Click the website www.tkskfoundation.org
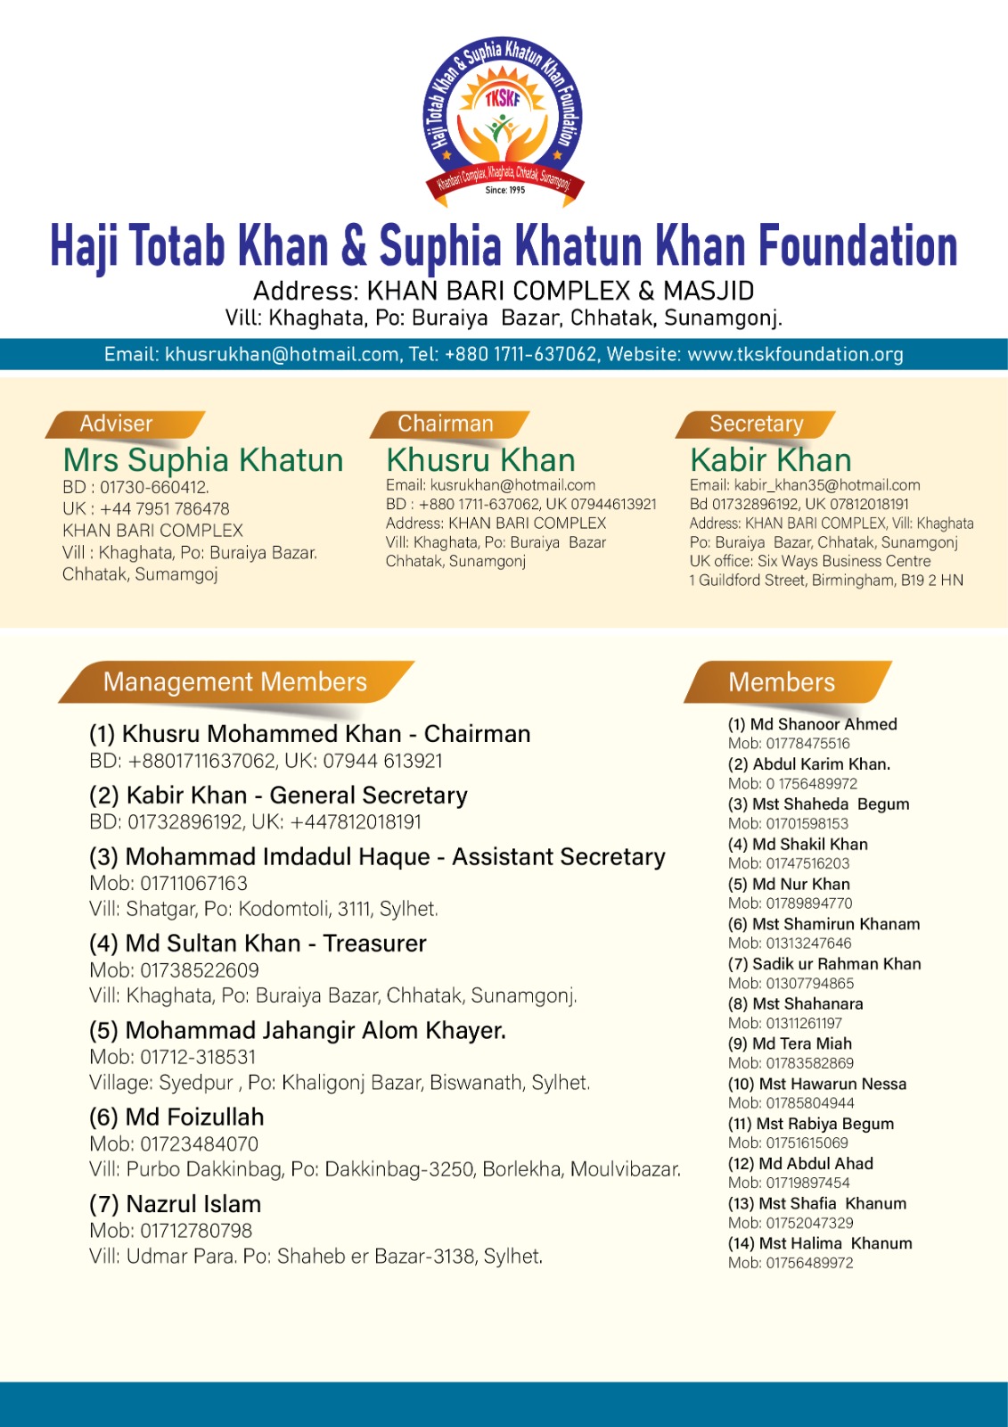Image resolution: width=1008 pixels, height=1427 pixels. (795, 354)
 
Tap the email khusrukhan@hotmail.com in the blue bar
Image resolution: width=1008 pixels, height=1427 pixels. (282, 354)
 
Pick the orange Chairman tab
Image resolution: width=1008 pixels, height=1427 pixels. (445, 424)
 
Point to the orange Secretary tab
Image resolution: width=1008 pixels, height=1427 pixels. (756, 424)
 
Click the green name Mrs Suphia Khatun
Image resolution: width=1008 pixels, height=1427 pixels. (203, 460)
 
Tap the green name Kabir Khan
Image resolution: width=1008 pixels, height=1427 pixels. (771, 460)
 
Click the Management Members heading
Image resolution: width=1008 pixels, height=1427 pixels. (234, 682)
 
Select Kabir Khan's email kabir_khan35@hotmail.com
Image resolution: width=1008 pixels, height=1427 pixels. (826, 485)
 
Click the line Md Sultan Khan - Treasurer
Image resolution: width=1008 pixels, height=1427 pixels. (258, 943)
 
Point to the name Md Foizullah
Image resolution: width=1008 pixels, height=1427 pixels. (194, 1117)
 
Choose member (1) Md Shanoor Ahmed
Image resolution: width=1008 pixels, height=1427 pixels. (812, 724)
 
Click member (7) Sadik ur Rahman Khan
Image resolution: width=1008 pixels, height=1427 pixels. (824, 963)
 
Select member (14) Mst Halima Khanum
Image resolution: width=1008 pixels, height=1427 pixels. (820, 1243)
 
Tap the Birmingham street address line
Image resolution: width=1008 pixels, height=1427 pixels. (826, 581)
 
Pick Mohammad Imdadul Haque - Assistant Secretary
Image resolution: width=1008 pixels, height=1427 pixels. (377, 857)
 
